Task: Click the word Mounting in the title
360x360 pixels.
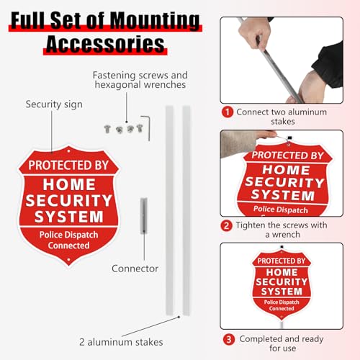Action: [155, 20]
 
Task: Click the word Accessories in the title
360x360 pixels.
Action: [105, 44]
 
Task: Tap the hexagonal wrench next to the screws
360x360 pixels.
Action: [146, 128]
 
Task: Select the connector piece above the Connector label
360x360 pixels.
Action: [144, 215]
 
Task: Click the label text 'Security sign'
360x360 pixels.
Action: [54, 104]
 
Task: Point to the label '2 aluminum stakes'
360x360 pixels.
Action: [121, 342]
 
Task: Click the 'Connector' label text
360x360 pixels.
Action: [135, 269]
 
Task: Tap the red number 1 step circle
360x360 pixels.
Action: [228, 112]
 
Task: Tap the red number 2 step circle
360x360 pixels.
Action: [226, 225]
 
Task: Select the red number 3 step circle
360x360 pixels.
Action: [229, 340]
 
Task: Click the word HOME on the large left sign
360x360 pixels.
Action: [69, 184]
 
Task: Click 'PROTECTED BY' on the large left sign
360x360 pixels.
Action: [68, 166]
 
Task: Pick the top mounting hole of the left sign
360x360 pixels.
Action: [68, 151]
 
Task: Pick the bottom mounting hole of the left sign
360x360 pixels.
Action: [68, 260]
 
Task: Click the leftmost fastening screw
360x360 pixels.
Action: [107, 129]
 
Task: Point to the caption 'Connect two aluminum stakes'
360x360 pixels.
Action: [282, 117]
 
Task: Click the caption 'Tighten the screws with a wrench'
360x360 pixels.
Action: [282, 230]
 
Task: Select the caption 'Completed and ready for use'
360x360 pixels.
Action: [282, 343]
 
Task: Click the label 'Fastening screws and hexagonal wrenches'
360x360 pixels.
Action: [140, 80]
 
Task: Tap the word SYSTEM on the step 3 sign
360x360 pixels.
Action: [282, 292]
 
